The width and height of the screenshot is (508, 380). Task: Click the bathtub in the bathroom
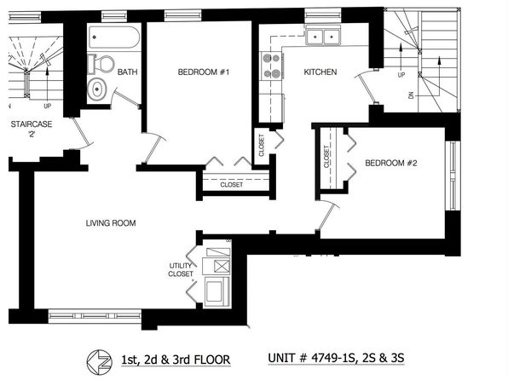point(114,37)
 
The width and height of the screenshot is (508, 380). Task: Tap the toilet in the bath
point(101,64)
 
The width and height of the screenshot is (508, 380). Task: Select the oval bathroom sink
point(97,88)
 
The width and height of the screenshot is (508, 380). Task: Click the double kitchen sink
point(323,37)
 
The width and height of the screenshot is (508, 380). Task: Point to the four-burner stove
point(272,66)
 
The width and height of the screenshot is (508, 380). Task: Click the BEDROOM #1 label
point(204,72)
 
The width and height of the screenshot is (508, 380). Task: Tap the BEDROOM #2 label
point(391,163)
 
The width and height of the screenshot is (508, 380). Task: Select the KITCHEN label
point(320,72)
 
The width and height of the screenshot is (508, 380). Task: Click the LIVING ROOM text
point(111,223)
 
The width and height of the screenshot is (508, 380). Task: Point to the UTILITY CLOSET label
point(181,270)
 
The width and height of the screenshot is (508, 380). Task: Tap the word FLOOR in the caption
point(212,360)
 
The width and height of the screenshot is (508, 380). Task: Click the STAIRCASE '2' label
point(32,129)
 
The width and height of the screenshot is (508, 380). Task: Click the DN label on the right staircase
point(411,95)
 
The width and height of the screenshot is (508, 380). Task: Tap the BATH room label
point(127,72)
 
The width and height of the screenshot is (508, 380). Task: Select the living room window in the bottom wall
point(95,316)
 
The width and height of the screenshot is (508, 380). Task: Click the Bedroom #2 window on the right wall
point(453,176)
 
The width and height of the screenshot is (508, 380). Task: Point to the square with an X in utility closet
point(222,267)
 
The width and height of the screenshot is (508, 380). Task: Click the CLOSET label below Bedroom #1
point(231,185)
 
